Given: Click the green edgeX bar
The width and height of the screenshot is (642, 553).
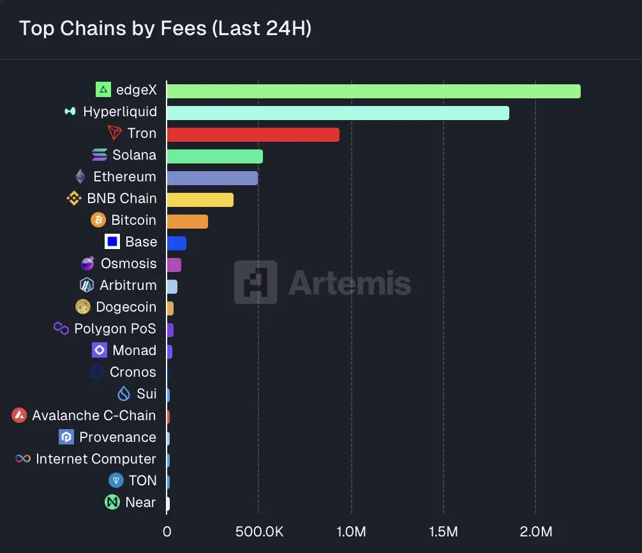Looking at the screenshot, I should [x=373, y=91].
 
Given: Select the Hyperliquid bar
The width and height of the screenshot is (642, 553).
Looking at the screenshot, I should [x=338, y=113].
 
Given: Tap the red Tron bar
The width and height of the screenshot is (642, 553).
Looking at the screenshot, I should [x=253, y=135].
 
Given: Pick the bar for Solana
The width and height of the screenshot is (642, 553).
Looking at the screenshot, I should [x=214, y=156].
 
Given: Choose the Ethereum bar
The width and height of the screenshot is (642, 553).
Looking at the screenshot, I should [x=212, y=178].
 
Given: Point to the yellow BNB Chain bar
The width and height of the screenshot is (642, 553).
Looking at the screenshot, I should [x=200, y=200].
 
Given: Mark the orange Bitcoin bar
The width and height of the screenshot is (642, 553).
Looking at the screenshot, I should [x=187, y=222].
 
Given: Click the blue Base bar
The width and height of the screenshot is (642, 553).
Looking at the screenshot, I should [x=176, y=243].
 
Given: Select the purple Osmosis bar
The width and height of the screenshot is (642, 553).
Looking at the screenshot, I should [x=174, y=265].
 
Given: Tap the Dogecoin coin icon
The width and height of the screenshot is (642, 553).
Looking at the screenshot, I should [x=83, y=307].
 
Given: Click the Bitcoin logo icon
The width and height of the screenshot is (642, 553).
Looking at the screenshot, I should [x=98, y=220].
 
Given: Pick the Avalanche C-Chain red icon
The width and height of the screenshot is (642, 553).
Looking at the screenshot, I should [x=19, y=416].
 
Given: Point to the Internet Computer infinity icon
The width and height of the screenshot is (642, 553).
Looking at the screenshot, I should [x=23, y=459].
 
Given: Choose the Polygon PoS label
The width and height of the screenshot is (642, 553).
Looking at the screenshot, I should [x=115, y=329].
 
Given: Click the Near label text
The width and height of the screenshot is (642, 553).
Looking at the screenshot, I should [x=140, y=503].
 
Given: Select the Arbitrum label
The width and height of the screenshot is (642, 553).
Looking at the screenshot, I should [x=128, y=285].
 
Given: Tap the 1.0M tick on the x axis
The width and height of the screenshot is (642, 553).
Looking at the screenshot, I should [x=350, y=531].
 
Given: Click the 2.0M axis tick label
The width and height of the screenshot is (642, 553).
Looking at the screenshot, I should [x=535, y=531].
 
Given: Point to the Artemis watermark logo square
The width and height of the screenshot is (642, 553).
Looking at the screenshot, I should [x=255, y=282].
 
